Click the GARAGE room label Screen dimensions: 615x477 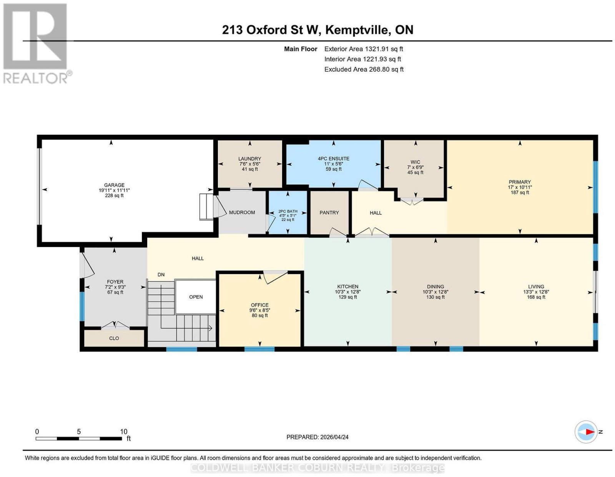point(114,185)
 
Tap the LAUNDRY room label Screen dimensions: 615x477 point(249,159)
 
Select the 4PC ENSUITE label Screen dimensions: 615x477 point(333,159)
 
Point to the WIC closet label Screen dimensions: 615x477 point(415,162)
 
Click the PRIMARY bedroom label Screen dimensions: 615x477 point(520,182)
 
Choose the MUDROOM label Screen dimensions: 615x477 point(242,212)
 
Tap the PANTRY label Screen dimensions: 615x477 point(329,213)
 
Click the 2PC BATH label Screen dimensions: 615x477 point(288,211)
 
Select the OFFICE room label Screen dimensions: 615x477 point(259,305)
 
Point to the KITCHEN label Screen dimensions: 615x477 point(347,286)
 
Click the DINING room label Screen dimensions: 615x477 point(435,286)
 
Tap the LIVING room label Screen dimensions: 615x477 point(536,286)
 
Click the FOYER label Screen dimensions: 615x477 point(115,282)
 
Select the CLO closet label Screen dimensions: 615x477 point(114,338)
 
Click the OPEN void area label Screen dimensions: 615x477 point(196,297)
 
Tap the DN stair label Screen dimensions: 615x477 point(161,274)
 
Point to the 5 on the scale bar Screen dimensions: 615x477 point(79,432)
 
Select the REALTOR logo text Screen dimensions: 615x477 point(36,78)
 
